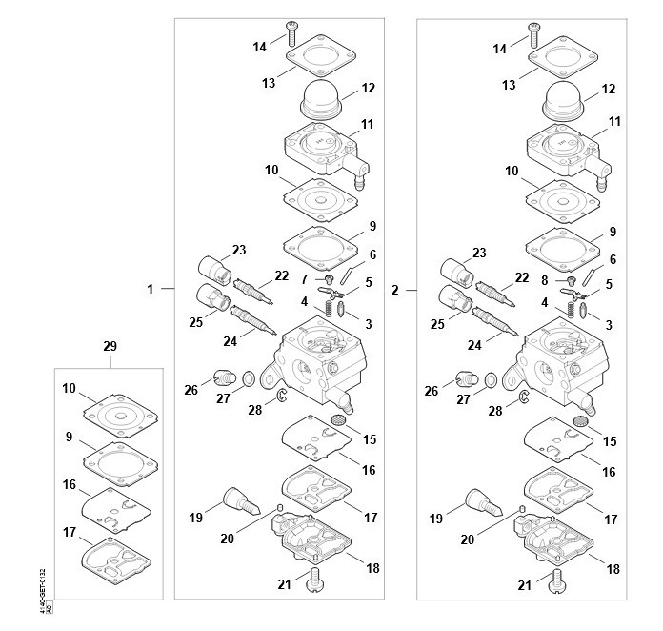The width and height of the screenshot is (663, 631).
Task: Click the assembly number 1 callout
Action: tap(150, 288)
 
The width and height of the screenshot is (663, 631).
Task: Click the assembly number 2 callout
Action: tap(394, 288)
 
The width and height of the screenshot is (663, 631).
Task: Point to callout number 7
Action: tap(304, 278)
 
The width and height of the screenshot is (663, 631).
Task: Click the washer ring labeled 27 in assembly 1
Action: tap(247, 378)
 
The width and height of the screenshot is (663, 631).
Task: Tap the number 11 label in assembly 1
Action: tap(367, 123)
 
